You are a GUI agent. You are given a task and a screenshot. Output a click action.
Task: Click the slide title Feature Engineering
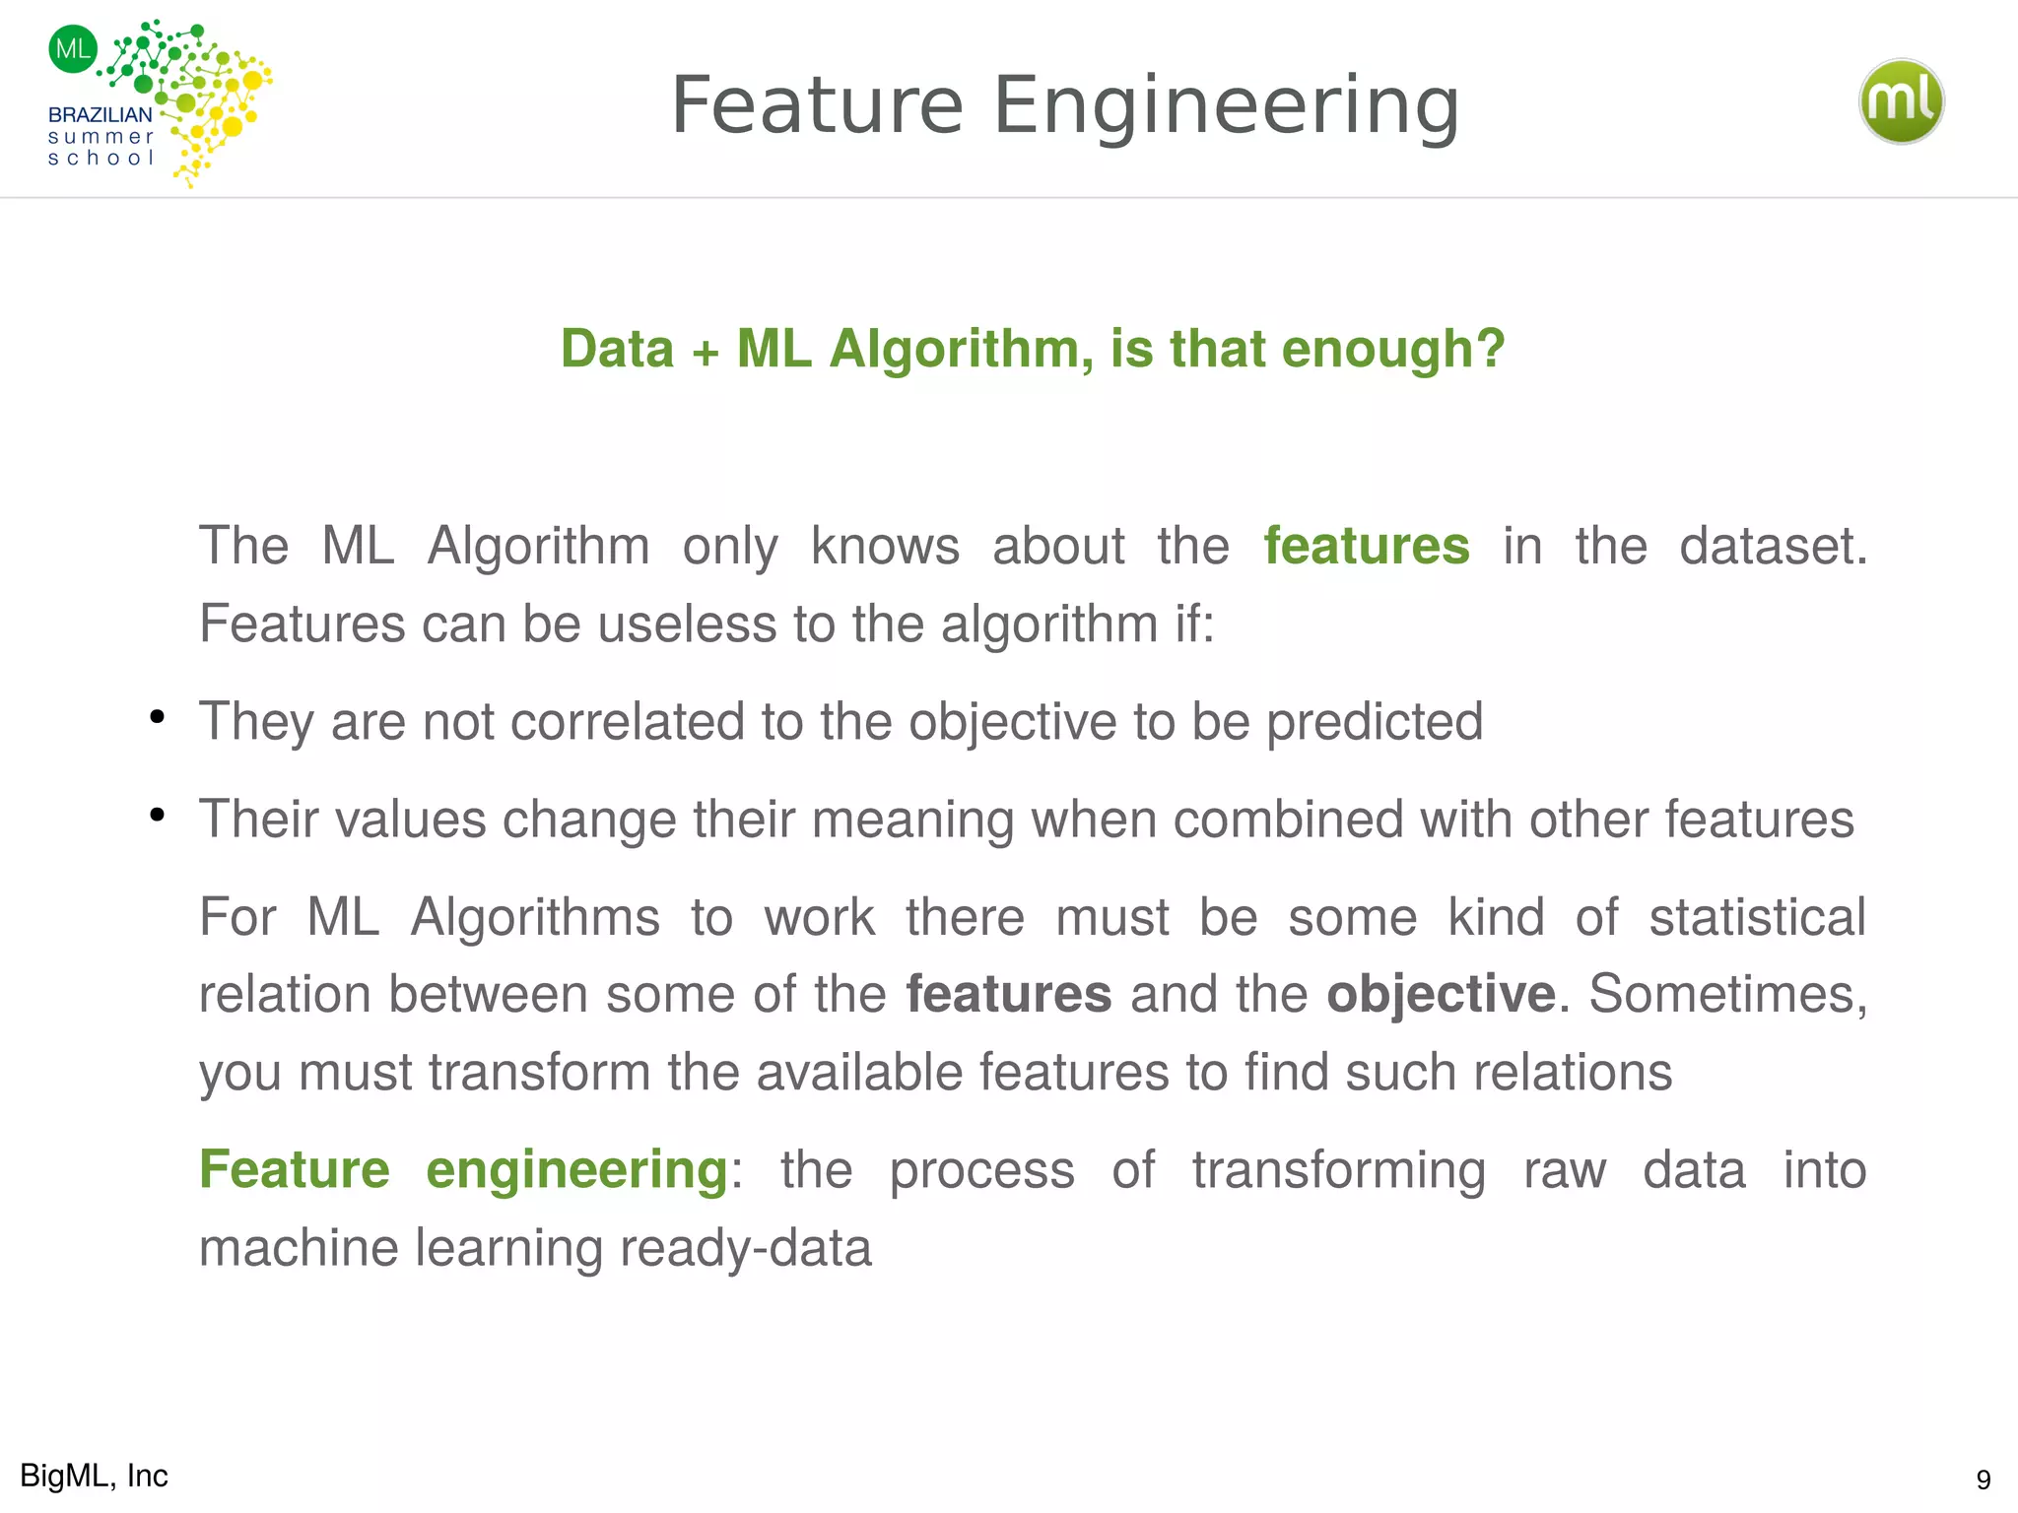pos(1064,105)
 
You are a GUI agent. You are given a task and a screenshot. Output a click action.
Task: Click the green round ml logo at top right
pos(1901,101)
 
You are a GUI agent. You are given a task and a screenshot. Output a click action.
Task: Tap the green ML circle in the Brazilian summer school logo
pos(73,48)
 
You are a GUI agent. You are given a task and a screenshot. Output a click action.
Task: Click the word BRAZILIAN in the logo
pos(101,114)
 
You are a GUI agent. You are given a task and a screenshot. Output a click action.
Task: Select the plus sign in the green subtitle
pos(705,352)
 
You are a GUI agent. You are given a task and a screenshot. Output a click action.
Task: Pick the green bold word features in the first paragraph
pos(1367,546)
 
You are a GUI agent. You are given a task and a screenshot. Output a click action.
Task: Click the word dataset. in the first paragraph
pos(1773,546)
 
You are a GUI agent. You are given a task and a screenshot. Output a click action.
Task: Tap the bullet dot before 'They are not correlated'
pos(157,717)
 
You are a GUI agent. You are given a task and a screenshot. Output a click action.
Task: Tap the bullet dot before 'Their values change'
pos(157,815)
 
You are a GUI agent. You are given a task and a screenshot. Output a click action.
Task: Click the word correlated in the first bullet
pos(627,721)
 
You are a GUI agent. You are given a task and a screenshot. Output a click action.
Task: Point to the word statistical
pos(1757,917)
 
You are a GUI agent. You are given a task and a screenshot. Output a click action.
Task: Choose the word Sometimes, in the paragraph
pos(1727,995)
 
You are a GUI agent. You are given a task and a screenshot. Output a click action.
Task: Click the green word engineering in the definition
pos(576,1171)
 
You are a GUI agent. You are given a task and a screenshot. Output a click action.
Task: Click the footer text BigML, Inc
pos(95,1476)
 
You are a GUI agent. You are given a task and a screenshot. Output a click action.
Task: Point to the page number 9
pos(1984,1480)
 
